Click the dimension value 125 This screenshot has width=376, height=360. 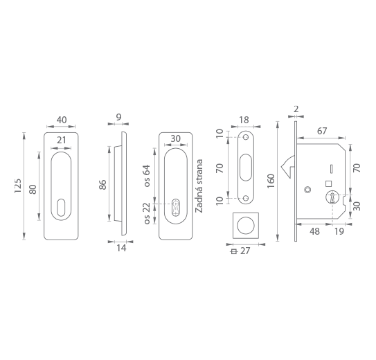pos(18,186)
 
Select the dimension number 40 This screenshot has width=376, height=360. pos(62,120)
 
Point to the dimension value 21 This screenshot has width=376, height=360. pos(61,140)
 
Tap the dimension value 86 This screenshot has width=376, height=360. pos(102,185)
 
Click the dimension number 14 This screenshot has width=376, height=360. pos(121,248)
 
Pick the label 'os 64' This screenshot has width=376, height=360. pos(147,175)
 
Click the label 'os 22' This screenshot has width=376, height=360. pos(147,213)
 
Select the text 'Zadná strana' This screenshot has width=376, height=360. pos(199,186)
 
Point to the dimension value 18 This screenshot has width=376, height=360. pos(244,120)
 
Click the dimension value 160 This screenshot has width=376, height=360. pos(271,181)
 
